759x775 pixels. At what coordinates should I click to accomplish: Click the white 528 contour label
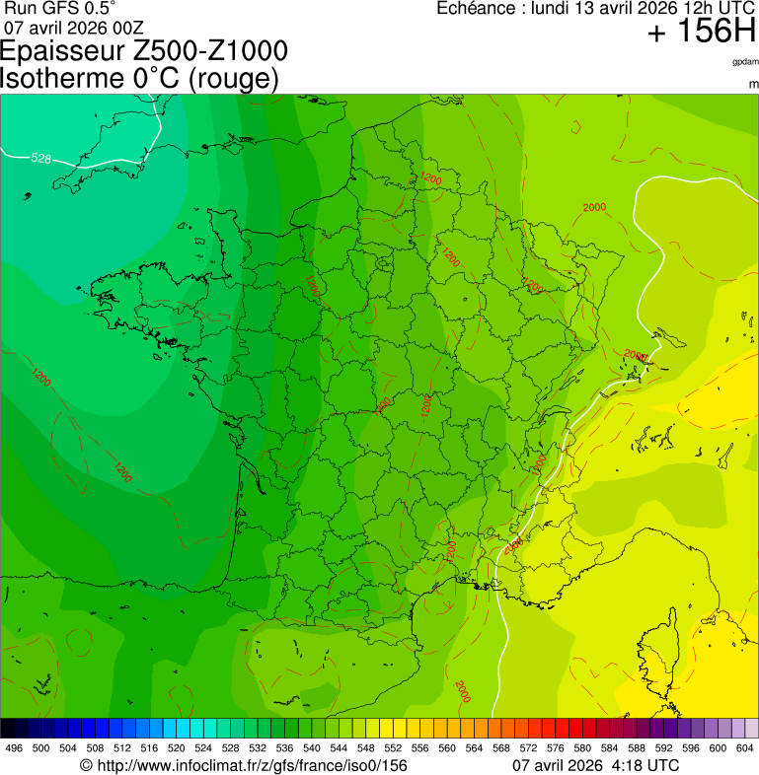[40, 159]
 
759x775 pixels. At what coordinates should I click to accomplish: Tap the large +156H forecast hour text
[700, 33]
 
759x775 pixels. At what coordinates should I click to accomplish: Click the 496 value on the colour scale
[14, 748]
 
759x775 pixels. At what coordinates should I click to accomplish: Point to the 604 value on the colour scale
[745, 748]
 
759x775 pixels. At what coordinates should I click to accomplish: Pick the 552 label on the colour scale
[393, 748]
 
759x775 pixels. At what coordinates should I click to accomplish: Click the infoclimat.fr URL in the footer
[251, 765]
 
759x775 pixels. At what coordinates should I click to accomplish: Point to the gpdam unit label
[745, 61]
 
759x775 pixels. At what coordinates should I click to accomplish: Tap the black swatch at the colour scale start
[8, 729]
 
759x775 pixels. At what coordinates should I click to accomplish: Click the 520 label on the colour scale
[176, 748]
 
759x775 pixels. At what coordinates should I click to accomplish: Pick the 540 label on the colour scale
[312, 748]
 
